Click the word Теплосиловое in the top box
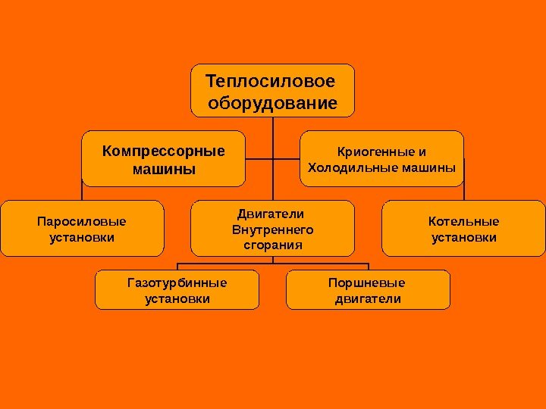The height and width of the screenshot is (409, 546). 269,80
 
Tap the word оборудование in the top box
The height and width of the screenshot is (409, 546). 272,102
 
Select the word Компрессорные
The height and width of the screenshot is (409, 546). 164,150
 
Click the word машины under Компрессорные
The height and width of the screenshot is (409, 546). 164,168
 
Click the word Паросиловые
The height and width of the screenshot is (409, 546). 82,222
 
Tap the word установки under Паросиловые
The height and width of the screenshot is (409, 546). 82,238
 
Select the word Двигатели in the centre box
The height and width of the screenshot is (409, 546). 271,214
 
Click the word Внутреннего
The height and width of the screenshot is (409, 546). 272,229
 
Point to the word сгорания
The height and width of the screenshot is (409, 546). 272,245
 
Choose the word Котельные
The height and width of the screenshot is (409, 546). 464,222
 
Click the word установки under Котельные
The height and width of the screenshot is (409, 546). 464,238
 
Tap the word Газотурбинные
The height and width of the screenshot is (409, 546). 177,283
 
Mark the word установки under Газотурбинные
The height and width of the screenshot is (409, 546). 177,299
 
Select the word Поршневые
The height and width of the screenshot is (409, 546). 368,283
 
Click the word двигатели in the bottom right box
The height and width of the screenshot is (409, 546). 368,299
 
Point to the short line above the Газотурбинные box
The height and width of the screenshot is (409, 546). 177,267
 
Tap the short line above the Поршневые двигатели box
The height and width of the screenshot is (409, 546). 368,267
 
